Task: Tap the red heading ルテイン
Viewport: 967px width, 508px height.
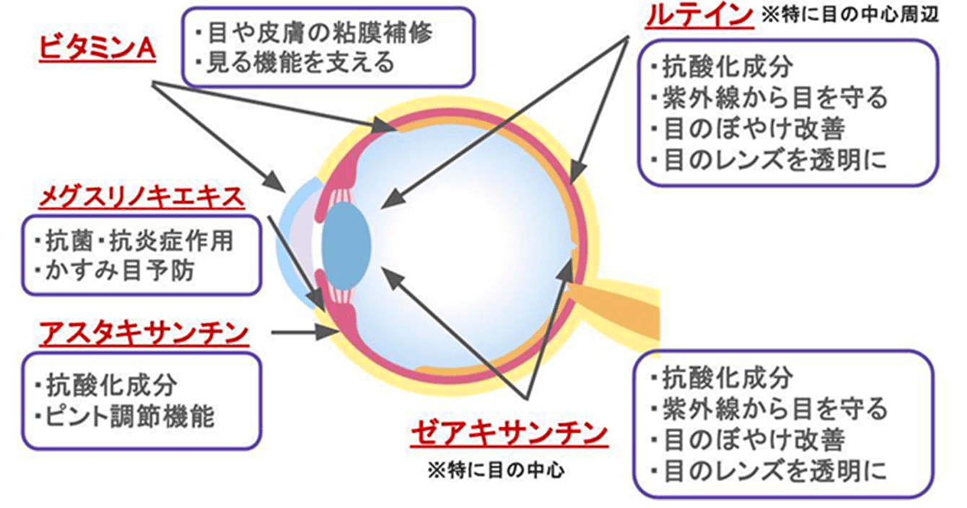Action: click(696, 14)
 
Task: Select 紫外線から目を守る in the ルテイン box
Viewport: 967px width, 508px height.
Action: click(768, 97)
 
